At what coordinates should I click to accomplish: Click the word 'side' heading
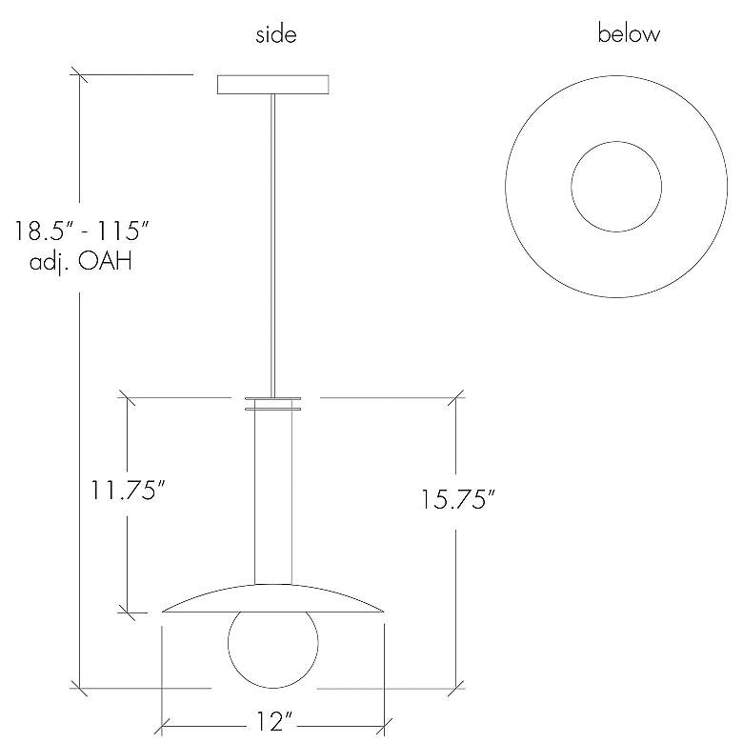tap(276, 35)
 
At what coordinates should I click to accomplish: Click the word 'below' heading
tap(629, 35)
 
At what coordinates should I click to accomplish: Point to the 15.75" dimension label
tap(460, 498)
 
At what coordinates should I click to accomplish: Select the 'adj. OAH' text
tap(81, 260)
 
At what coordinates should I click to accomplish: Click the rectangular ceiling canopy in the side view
tap(273, 85)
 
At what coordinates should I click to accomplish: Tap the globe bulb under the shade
tap(272, 647)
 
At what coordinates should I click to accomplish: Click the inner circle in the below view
tap(615, 186)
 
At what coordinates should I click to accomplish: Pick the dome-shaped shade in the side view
tap(272, 597)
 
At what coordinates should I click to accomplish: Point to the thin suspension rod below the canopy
tap(273, 238)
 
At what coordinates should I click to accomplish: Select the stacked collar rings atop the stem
tap(272, 403)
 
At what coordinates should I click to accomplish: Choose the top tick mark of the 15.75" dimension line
tap(457, 396)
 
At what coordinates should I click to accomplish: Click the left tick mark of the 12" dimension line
tap(164, 718)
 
